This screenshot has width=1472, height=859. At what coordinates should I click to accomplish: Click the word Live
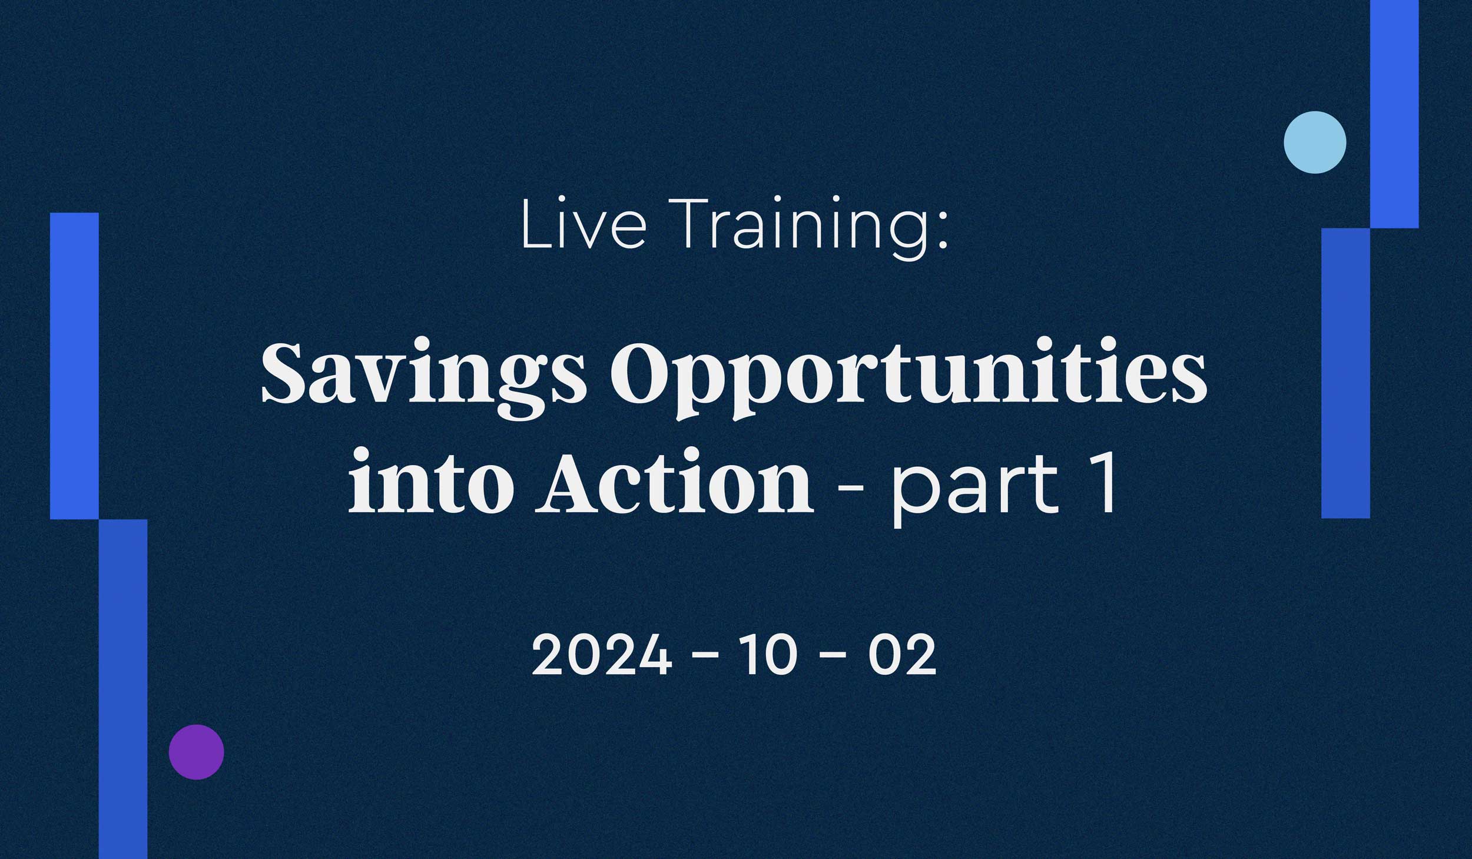click(x=584, y=224)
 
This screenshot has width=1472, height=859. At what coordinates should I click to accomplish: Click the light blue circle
click(x=1315, y=142)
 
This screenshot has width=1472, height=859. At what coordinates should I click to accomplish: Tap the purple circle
click(x=196, y=752)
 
